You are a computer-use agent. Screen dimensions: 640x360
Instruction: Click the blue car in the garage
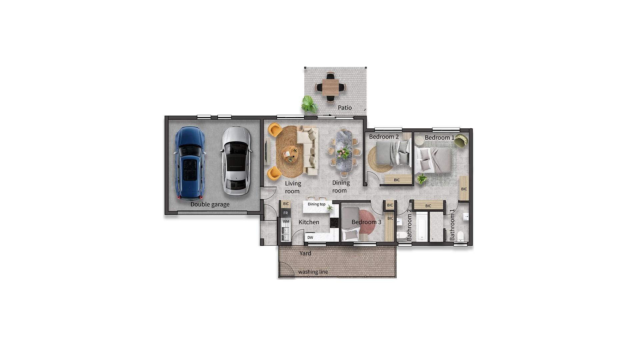(x=189, y=163)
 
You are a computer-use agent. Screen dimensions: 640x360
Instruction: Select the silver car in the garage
(x=236, y=161)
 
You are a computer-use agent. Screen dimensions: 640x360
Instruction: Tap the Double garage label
(x=210, y=204)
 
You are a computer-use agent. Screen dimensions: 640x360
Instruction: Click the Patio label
(x=345, y=108)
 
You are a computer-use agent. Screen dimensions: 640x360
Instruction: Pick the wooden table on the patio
(x=330, y=87)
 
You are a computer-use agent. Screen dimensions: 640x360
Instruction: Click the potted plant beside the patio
(x=309, y=104)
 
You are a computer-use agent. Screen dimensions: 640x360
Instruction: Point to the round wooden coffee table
(x=289, y=154)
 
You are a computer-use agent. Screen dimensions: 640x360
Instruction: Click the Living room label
(x=293, y=187)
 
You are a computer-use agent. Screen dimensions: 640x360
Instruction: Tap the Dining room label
(x=341, y=187)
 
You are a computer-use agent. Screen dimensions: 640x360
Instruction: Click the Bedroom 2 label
(x=384, y=137)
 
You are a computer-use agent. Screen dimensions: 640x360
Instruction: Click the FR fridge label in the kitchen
(x=285, y=213)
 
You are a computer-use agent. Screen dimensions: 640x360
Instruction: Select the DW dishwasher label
(x=310, y=238)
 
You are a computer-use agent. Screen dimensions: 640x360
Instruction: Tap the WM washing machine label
(x=286, y=221)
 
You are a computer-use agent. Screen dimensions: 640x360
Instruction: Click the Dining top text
(x=316, y=204)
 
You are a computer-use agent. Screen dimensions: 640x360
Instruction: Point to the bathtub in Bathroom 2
(x=422, y=226)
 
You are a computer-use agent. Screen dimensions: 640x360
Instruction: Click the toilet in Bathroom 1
(x=460, y=236)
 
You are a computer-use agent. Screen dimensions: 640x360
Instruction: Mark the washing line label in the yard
(x=313, y=272)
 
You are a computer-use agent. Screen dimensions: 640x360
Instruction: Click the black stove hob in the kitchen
(x=334, y=223)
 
